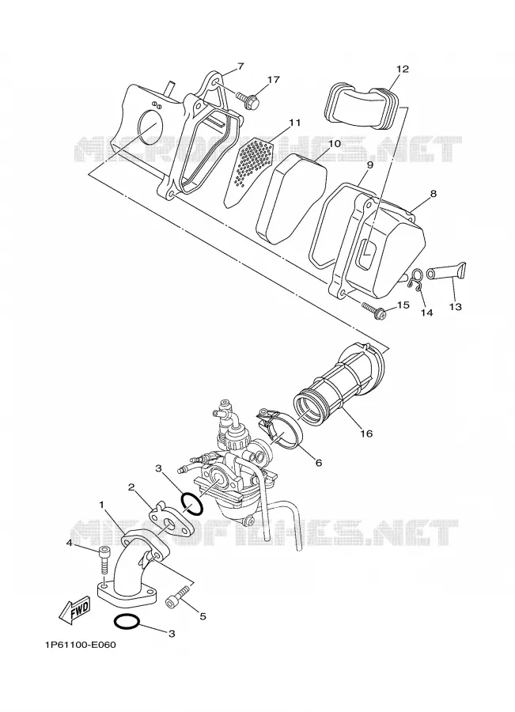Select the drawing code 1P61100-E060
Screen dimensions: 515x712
coord(81,645)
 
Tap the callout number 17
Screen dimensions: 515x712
coord(273,80)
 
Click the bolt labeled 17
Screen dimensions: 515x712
coord(249,99)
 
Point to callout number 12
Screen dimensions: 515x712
coord(403,69)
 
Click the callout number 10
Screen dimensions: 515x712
coord(335,143)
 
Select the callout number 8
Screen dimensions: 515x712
coord(434,194)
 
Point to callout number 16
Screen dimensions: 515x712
coord(366,434)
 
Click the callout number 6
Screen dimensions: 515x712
coord(318,462)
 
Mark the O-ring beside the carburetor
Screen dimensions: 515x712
coord(192,504)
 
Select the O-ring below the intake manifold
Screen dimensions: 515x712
coord(126,622)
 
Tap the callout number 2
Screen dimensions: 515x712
coord(131,487)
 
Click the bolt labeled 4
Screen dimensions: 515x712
coord(104,561)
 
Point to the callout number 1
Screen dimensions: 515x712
coord(102,505)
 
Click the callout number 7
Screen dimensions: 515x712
coord(240,66)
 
